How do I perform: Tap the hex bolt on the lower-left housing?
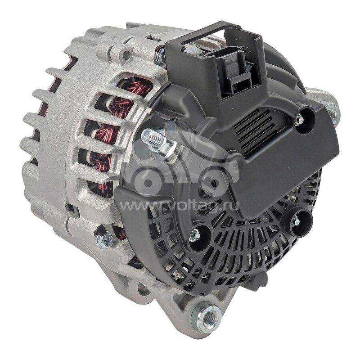[104, 239]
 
